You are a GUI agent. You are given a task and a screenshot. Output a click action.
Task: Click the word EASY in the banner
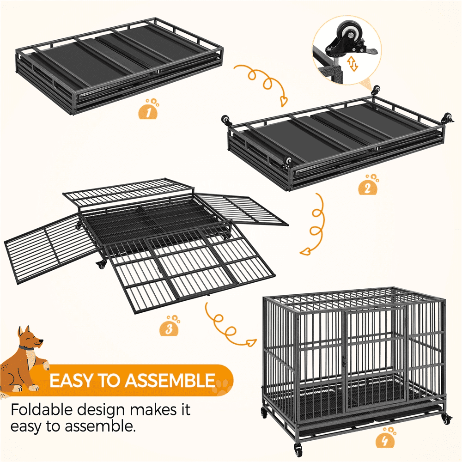[x=71, y=380]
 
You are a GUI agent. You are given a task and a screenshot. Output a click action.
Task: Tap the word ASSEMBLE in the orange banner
[x=170, y=380]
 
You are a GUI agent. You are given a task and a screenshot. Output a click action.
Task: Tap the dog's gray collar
[x=27, y=348]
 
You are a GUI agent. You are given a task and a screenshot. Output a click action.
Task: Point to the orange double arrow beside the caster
[x=353, y=64]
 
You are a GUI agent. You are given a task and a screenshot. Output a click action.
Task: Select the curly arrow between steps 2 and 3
[x=317, y=224]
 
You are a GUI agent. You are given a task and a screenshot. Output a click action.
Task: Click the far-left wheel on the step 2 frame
[x=226, y=121]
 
